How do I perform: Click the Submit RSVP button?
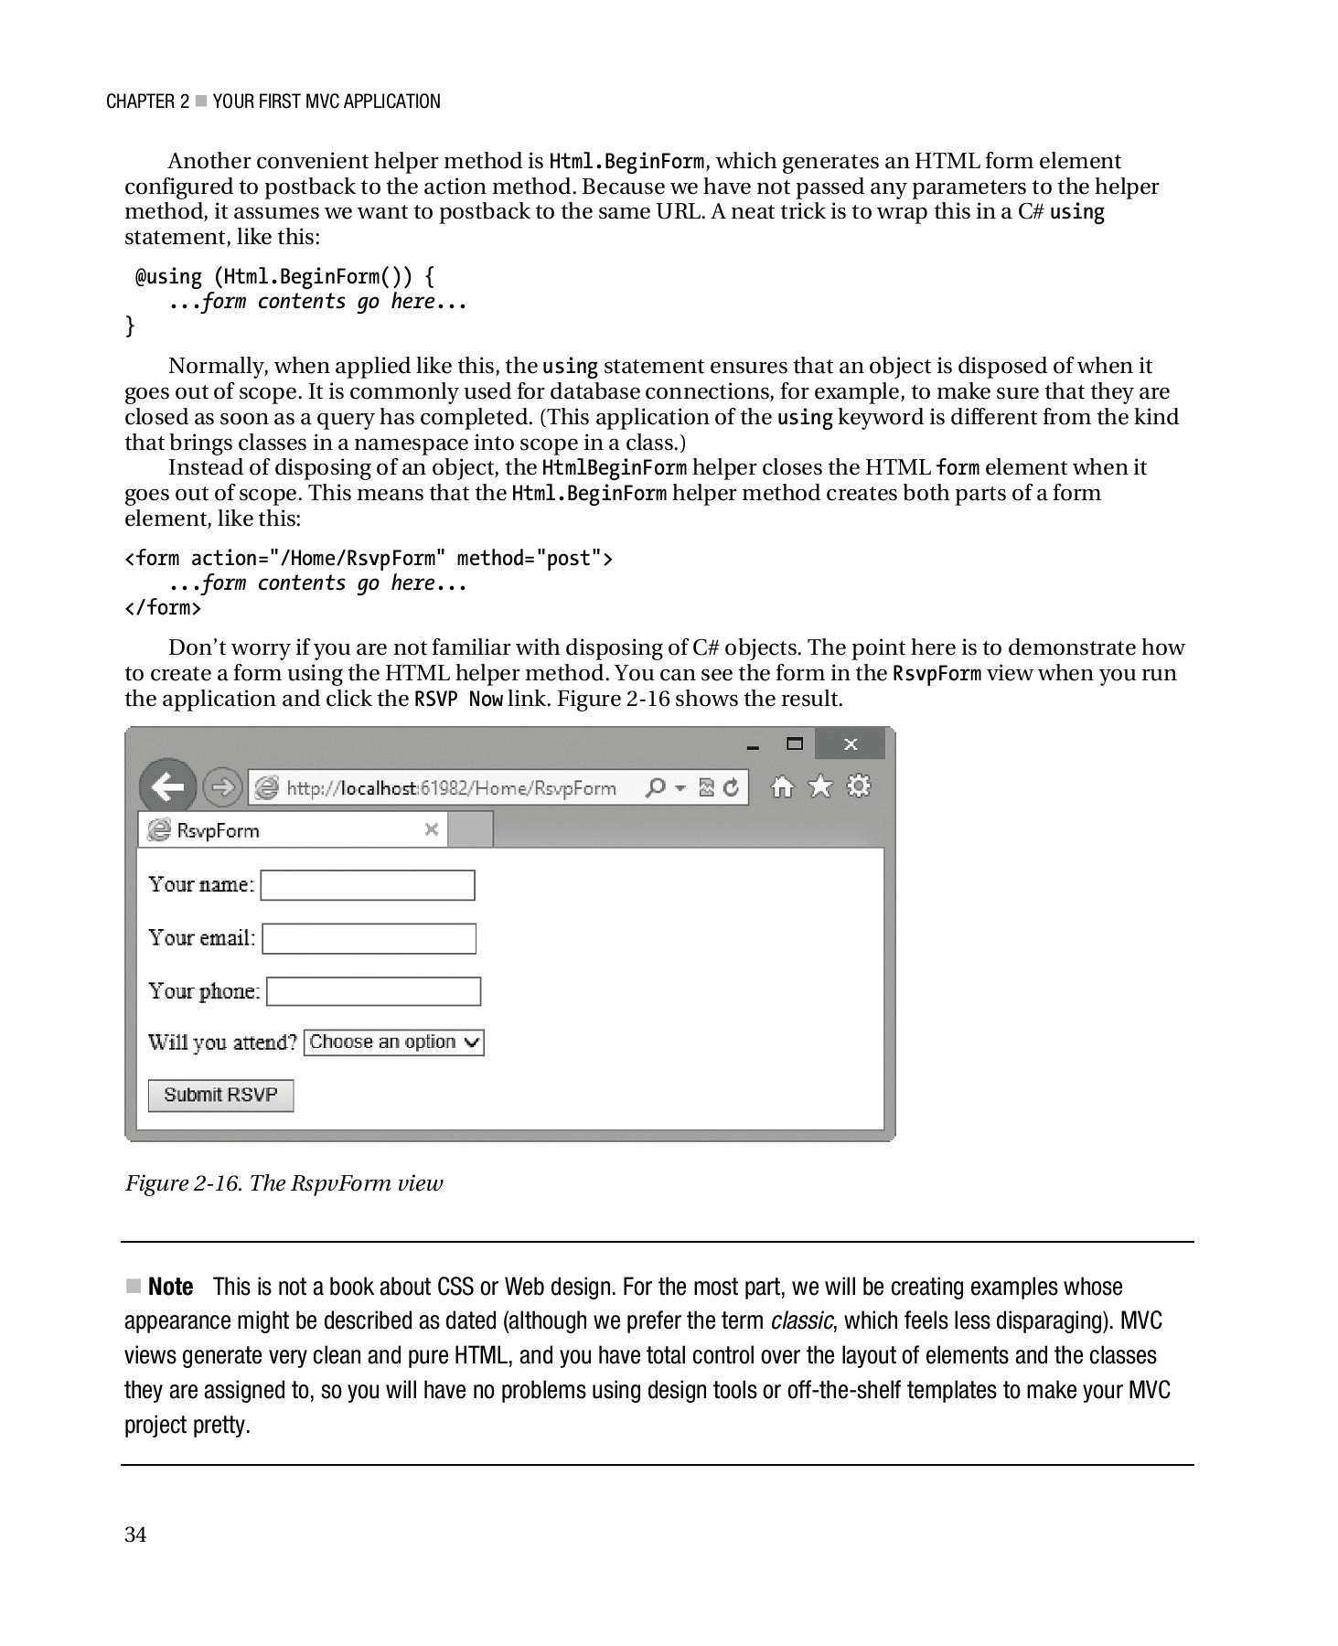click(220, 1095)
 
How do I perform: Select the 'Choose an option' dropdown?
click(393, 1042)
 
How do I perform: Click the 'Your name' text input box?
click(368, 885)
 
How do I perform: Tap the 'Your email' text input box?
click(369, 938)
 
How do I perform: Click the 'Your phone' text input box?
click(373, 991)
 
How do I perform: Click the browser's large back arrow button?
click(167, 786)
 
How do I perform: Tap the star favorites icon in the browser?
click(820, 786)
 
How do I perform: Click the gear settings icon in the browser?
click(859, 786)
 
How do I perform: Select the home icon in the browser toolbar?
click(782, 786)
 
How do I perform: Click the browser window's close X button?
click(851, 744)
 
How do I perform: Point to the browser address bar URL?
click(451, 788)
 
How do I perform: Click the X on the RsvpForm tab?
click(432, 829)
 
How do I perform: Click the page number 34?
click(135, 1534)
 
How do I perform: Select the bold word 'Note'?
click(170, 1287)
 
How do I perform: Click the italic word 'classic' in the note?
click(801, 1320)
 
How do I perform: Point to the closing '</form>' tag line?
click(163, 608)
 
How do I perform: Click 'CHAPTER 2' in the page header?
click(147, 102)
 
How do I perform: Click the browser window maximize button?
click(795, 743)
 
